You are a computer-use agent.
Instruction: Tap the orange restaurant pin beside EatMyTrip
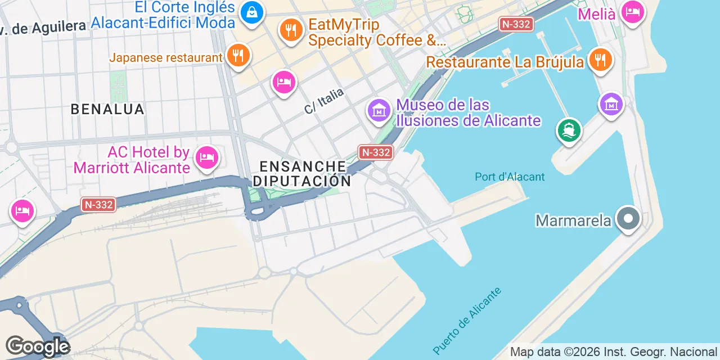tap(290, 30)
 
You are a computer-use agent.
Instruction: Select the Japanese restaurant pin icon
tap(238, 56)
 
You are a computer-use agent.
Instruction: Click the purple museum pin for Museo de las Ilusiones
tap(379, 110)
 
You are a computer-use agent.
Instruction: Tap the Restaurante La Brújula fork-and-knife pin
tap(600, 60)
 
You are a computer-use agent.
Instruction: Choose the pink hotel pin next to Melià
tap(633, 11)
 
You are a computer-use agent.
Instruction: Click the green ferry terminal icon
tap(569, 130)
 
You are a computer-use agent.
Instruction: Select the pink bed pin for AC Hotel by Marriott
tap(206, 157)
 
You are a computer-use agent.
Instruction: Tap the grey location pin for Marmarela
tap(628, 219)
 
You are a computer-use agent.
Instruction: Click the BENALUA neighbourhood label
tap(107, 109)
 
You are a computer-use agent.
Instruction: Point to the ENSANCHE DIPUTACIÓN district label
tap(302, 173)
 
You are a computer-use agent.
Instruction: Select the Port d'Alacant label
tap(510, 177)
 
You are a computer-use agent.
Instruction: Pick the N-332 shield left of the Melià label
tap(516, 24)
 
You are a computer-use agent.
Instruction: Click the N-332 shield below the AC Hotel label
tap(98, 205)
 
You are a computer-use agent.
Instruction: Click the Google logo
tap(37, 346)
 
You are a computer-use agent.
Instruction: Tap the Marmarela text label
tap(573, 220)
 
